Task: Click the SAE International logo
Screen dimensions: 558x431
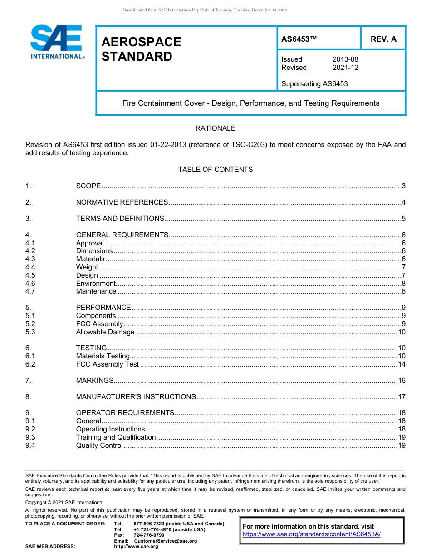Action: pyautogui.click(x=57, y=42)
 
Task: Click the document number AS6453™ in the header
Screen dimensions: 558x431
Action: pyautogui.click(x=299, y=39)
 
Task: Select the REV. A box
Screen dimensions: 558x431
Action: pyautogui.click(x=383, y=39)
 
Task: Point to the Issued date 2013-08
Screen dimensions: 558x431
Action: pyautogui.click(x=345, y=59)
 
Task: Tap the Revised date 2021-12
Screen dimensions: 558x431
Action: pyautogui.click(x=345, y=68)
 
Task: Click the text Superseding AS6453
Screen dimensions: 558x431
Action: pyautogui.click(x=314, y=84)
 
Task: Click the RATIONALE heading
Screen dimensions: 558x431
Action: pyautogui.click(x=215, y=128)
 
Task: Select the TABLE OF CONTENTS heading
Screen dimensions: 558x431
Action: pyautogui.click(x=215, y=170)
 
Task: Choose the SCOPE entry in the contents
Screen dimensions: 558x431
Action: pyautogui.click(x=88, y=186)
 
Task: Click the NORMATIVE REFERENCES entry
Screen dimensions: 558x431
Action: pyautogui.click(x=122, y=202)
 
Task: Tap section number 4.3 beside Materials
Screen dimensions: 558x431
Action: pyautogui.click(x=30, y=259)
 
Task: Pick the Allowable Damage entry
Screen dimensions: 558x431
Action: pyautogui.click(x=105, y=332)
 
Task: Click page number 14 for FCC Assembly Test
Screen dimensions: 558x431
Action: pyautogui.click(x=401, y=364)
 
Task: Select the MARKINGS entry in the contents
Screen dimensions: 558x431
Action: pyautogui.click(x=94, y=381)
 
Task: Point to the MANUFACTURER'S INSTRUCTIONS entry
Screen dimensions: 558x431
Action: pyautogui.click(x=136, y=397)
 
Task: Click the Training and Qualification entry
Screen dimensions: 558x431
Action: pyautogui.click(x=116, y=437)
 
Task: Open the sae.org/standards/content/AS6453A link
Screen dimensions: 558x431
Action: pyautogui.click(x=311, y=534)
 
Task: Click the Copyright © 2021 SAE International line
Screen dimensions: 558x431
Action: pyautogui.click(x=64, y=502)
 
